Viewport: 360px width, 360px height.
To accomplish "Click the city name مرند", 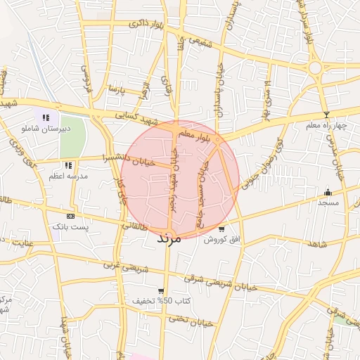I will point(169,238).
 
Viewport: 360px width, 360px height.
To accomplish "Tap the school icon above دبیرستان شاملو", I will point(46,118).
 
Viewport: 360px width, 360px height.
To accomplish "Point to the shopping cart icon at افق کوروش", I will point(222,229).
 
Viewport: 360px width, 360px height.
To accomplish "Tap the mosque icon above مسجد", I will point(327,192).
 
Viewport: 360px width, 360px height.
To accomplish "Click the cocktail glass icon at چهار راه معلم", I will point(326,115).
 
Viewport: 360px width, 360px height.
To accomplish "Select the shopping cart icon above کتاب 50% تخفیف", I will point(161,290).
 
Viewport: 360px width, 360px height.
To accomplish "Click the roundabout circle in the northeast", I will point(314,68).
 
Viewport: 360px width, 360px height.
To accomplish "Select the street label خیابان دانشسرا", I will point(127,158).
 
